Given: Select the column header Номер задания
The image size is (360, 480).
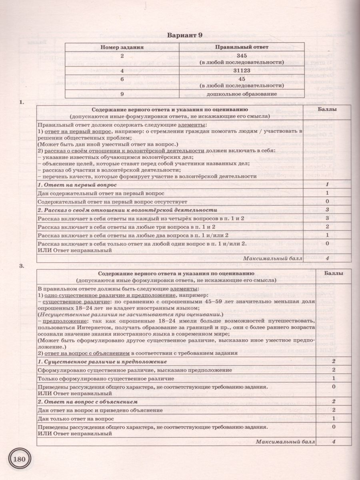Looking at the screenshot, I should (x=122, y=47).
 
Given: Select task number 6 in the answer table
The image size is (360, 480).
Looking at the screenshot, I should (x=122, y=78).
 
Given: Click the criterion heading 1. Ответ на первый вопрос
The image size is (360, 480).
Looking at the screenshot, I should (x=77, y=185).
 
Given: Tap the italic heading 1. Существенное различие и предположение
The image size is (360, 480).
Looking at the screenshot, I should (x=102, y=362).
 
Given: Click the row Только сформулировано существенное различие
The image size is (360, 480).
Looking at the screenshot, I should (x=106, y=378).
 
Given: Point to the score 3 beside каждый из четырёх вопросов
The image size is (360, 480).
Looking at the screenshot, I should (x=327, y=218).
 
